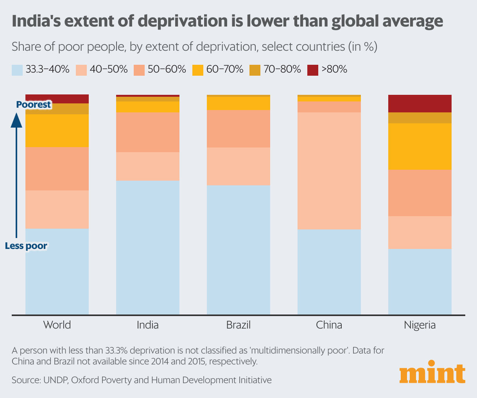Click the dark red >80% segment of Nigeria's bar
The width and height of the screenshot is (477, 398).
[x=420, y=103]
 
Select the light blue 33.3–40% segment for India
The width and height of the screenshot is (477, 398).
[x=148, y=247]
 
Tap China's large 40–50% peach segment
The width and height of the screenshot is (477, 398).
[x=329, y=171]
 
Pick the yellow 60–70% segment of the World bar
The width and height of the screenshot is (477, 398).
[x=57, y=131]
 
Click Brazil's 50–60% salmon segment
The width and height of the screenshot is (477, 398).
[x=238, y=128]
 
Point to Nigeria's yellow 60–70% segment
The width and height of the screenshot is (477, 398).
[x=420, y=146]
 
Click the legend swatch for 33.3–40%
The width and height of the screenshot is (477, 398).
[x=17, y=70]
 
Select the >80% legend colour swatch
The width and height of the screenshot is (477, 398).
[x=312, y=70]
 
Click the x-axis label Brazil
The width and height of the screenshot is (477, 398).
[x=238, y=325]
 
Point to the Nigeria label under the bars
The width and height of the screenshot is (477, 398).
[x=420, y=325]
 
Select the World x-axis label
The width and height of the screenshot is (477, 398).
[x=57, y=325]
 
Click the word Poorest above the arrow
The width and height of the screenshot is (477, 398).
[x=33, y=105]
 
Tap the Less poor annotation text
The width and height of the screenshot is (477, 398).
[x=26, y=246]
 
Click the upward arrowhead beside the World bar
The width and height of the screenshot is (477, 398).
[x=16, y=119]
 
